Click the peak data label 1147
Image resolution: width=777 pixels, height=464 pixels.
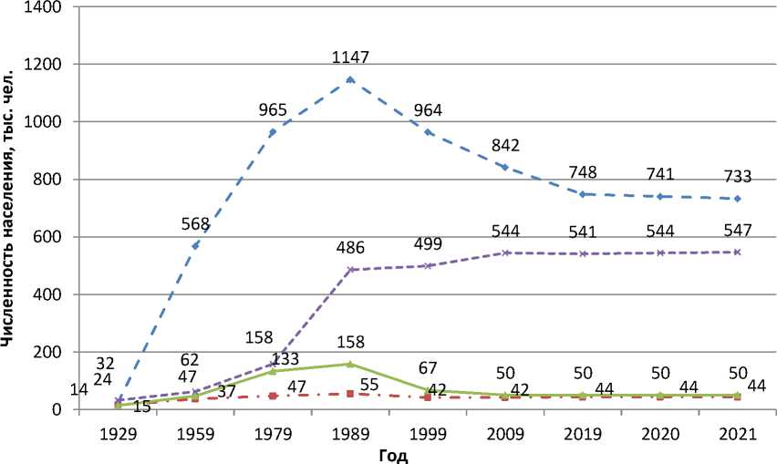coord(350,57)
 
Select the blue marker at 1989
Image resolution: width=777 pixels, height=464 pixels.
coord(350,79)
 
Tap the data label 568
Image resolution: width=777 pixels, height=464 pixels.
coord(195,224)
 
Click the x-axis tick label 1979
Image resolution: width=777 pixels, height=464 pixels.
coord(273,434)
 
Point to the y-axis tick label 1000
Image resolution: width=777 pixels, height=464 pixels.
coord(43,122)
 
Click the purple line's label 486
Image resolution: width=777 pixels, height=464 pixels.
coord(350,248)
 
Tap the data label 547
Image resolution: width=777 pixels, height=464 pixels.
coord(737,230)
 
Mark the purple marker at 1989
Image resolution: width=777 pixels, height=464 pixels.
coord(350,270)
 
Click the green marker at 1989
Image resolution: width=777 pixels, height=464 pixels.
coord(350,364)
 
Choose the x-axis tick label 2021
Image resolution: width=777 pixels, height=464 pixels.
coord(737,434)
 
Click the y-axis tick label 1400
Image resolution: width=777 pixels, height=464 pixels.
coord(43,7)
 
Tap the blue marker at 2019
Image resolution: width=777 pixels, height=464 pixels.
coord(582,194)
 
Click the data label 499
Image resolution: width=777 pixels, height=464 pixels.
coord(428,243)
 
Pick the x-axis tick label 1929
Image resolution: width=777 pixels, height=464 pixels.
coord(118,434)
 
